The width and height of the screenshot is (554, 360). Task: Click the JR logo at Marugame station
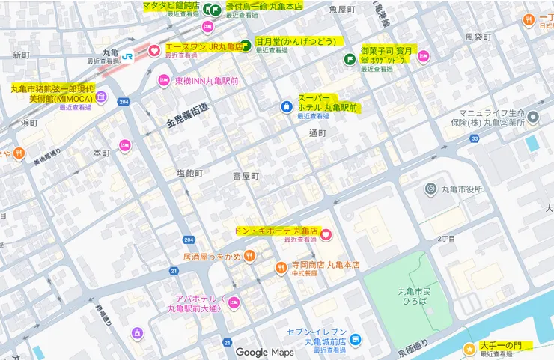click(x=129, y=55)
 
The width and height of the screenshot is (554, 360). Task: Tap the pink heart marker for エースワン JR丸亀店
click(x=154, y=51)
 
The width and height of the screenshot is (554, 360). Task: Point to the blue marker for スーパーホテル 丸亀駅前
click(x=286, y=107)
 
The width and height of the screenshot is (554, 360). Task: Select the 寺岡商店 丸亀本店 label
click(x=326, y=265)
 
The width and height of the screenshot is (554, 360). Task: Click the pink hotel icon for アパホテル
click(x=234, y=303)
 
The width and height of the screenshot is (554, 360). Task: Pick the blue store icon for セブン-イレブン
click(x=355, y=339)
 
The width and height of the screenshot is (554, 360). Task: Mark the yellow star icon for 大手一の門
click(x=469, y=348)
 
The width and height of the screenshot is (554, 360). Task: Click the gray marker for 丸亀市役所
click(x=430, y=189)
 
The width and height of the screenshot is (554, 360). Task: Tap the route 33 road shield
click(x=475, y=138)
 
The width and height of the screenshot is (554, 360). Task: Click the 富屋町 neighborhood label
click(x=245, y=176)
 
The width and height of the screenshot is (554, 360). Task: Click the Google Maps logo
click(x=265, y=352)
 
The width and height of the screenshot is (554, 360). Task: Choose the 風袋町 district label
click(x=478, y=36)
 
